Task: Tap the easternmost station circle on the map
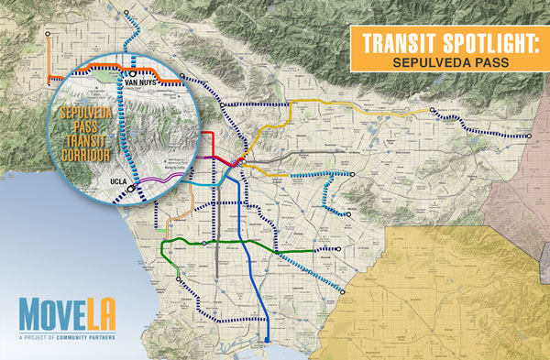point(531,136)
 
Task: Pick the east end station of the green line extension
point(337,249)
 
